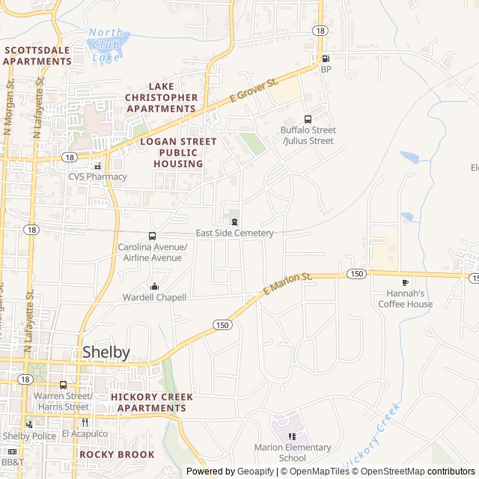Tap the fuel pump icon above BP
point(326,58)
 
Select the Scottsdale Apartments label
point(37,55)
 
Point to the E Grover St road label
point(254,94)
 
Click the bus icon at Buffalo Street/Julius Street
point(308,119)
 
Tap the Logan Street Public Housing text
point(178,152)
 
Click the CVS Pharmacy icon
point(97,165)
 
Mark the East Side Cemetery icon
point(235,222)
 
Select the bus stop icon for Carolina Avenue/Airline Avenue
point(153,236)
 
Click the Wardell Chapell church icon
point(154,286)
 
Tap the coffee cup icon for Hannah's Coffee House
point(405,282)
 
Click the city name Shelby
point(106,352)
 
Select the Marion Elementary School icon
point(292,436)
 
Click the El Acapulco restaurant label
point(85,433)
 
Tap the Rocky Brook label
point(117,454)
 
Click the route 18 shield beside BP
point(320,30)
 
